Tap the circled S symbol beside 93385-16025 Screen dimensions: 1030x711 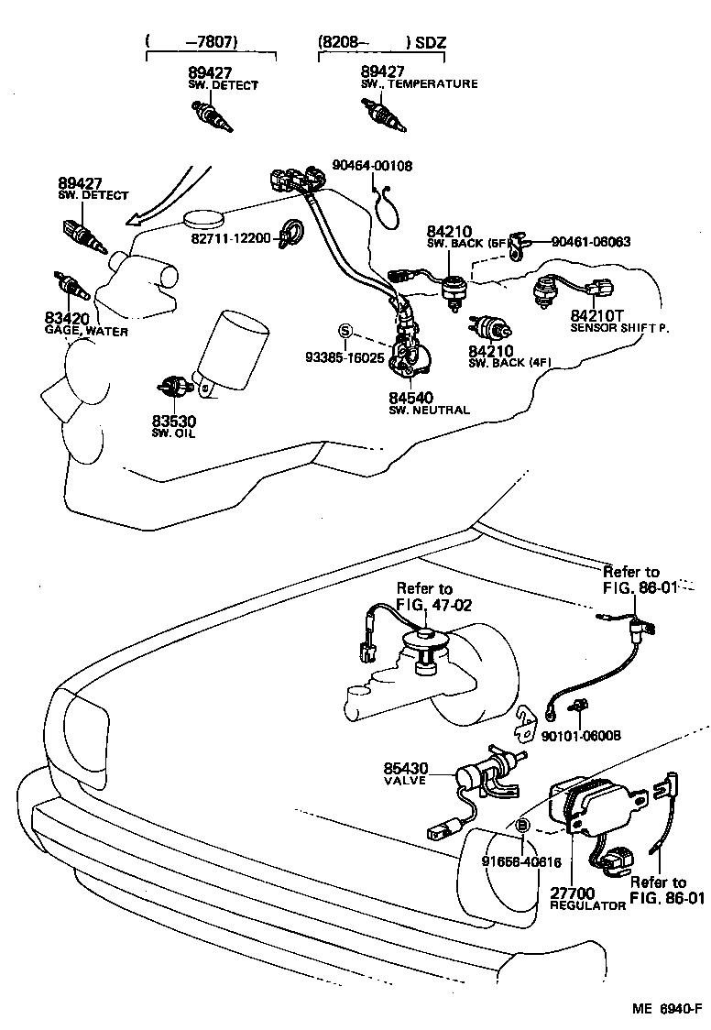point(345,330)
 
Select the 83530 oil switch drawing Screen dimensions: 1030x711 point(172,387)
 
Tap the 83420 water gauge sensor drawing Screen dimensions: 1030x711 point(71,286)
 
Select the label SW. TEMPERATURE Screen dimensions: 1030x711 point(419,84)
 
